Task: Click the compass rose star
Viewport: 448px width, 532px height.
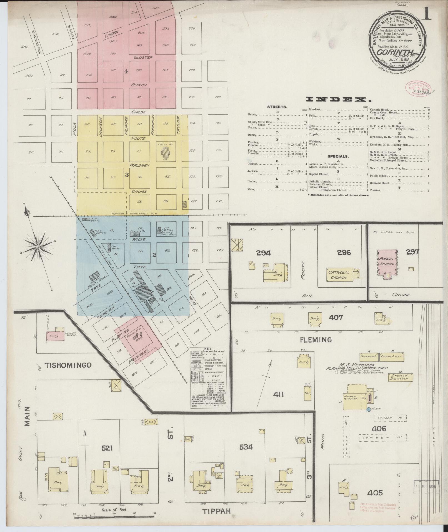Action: [38, 247]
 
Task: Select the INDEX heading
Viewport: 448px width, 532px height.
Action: [338, 99]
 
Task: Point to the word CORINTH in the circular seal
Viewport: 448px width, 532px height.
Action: [390, 52]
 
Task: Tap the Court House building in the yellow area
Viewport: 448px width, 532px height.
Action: [166, 152]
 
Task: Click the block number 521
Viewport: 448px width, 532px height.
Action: [107, 448]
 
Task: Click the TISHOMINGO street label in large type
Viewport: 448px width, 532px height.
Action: [68, 365]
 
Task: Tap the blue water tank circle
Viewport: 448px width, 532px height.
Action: [369, 409]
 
